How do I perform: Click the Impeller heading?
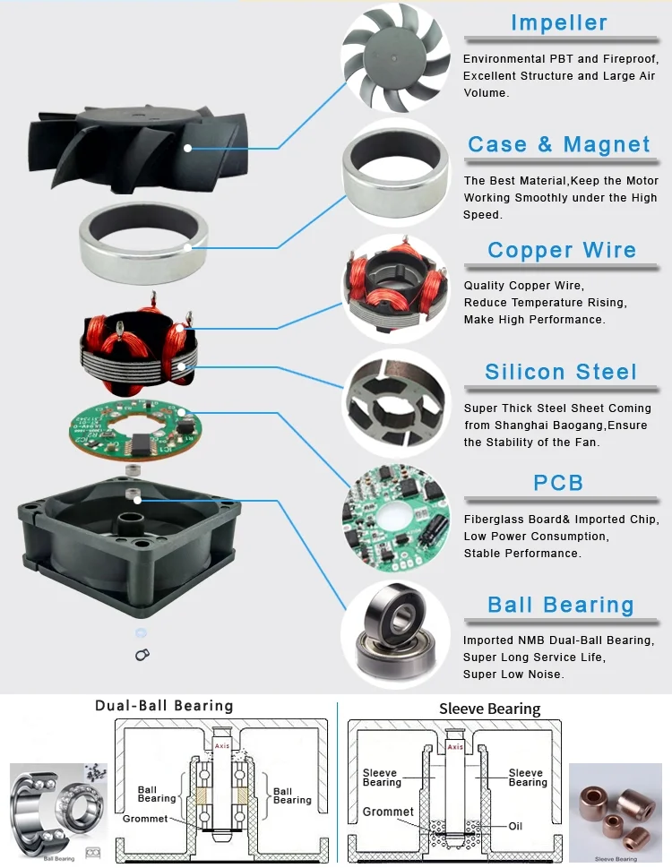point(558,23)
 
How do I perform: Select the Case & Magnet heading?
point(558,145)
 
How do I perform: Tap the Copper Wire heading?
point(562,251)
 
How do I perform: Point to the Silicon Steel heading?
point(561,373)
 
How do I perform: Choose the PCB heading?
point(558,484)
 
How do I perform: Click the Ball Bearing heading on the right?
point(560,606)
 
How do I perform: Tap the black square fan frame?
point(125,537)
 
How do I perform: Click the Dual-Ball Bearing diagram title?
point(164,706)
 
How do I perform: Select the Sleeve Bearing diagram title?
point(490,709)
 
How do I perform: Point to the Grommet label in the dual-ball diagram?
point(144,819)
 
